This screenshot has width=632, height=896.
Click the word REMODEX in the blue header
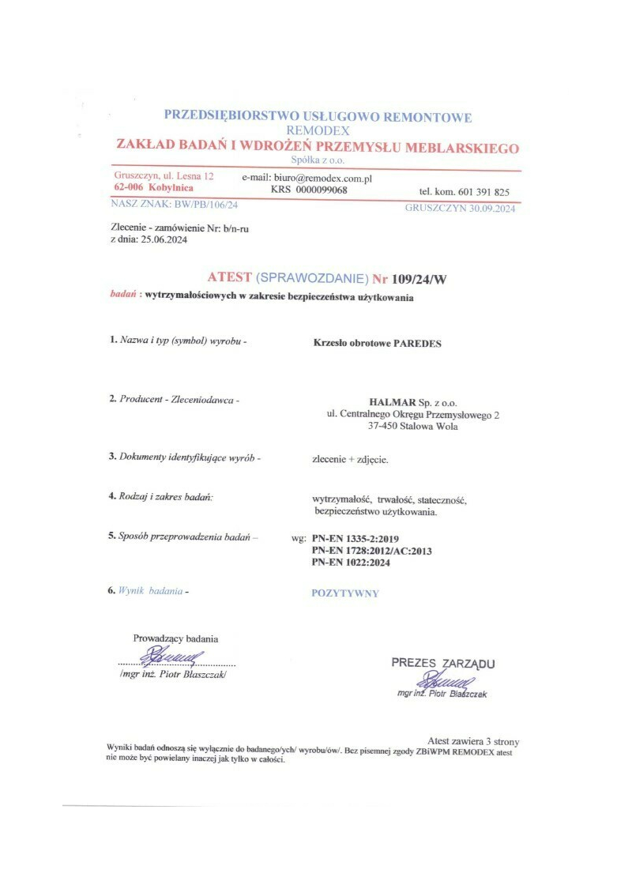(x=318, y=130)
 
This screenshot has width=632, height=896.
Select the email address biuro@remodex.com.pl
(x=322, y=179)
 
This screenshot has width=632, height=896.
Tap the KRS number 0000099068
(x=321, y=190)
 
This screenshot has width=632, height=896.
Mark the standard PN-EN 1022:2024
(x=352, y=563)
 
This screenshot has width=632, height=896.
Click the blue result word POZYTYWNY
(x=345, y=593)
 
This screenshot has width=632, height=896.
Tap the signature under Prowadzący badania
(x=174, y=655)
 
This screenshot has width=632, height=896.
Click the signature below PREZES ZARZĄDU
(x=448, y=680)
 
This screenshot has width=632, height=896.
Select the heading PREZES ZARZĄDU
(x=443, y=663)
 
